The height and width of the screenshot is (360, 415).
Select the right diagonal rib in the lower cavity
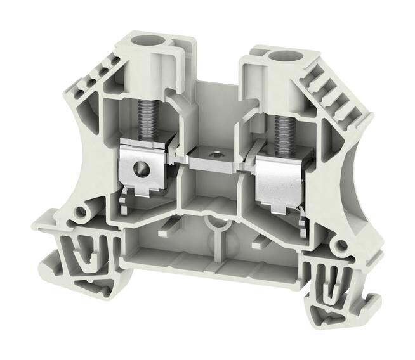[x=260, y=239]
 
